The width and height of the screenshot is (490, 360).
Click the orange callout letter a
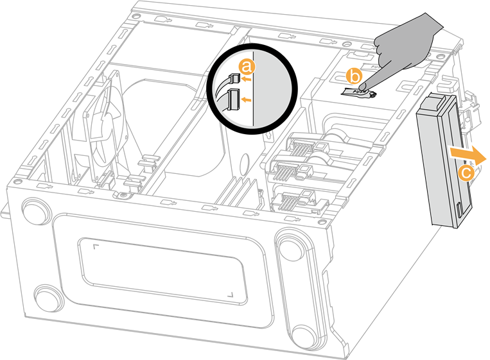point(247,67)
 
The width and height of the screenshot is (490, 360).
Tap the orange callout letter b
point(354,76)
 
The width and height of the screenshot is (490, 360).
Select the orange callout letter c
point(466,173)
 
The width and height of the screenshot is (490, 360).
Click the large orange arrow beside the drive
point(468,154)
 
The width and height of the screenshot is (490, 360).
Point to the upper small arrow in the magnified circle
point(247,79)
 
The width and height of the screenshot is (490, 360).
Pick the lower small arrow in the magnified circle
point(247,100)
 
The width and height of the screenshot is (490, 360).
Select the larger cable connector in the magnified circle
point(234,100)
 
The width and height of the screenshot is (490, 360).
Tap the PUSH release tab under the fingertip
point(359,92)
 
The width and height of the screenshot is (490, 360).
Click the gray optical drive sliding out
point(444,161)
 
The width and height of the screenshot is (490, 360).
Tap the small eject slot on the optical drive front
point(459,210)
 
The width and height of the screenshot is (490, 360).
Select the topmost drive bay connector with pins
point(304,148)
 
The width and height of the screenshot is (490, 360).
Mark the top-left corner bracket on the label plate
point(96,247)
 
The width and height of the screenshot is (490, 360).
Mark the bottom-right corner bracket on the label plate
point(231,294)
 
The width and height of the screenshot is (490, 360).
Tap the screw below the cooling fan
point(124,195)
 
